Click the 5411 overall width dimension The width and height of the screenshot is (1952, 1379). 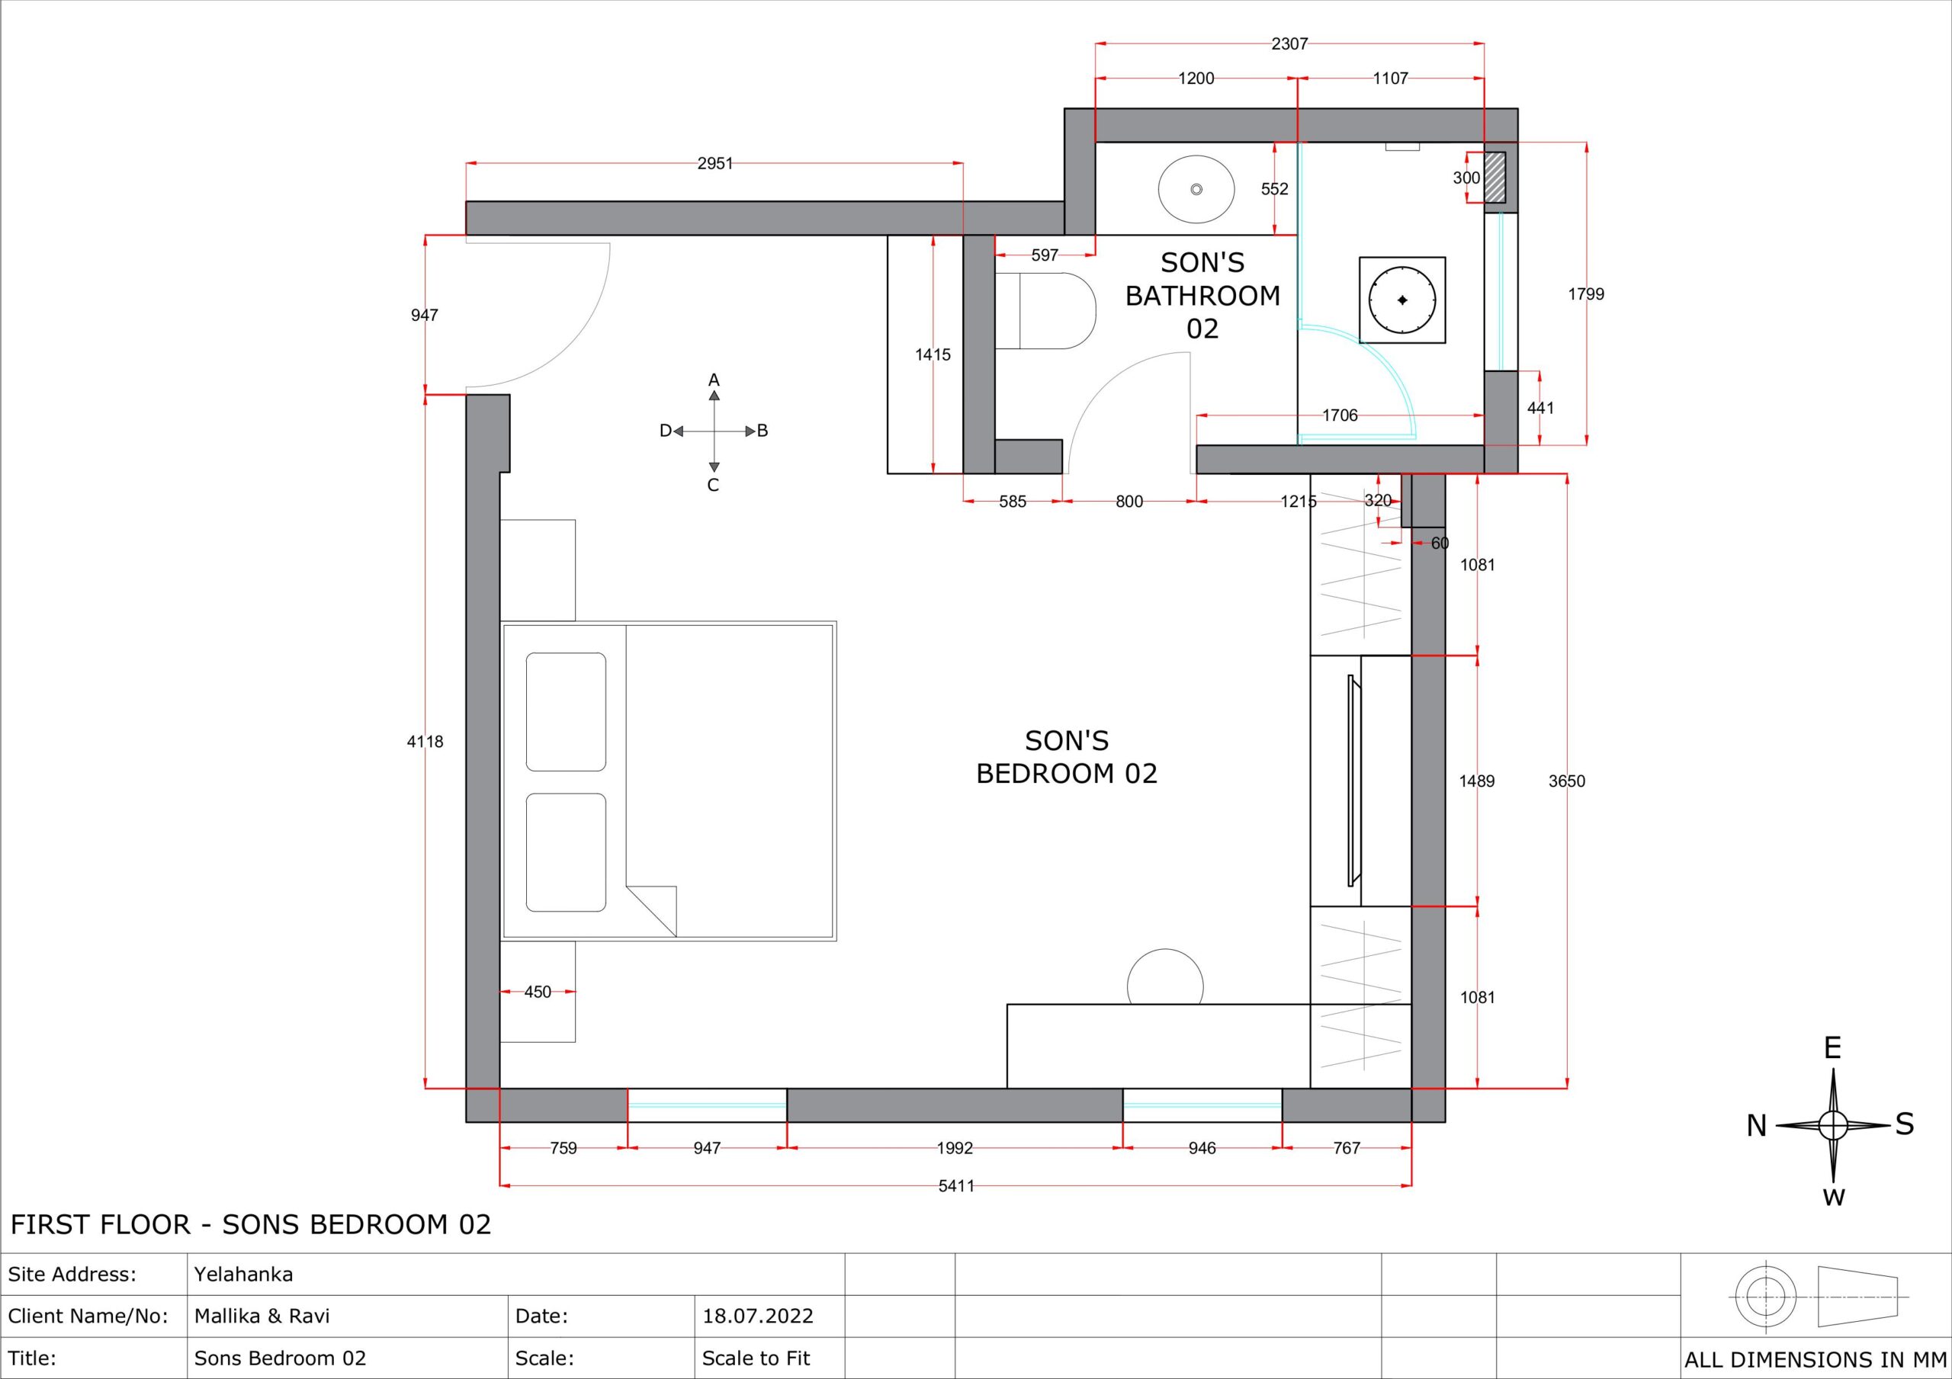(955, 1186)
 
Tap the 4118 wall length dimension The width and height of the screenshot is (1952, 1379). (425, 742)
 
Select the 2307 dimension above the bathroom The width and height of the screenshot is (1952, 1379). (1289, 43)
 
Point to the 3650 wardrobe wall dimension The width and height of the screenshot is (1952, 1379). (1566, 781)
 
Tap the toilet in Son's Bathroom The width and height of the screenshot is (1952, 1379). (1045, 310)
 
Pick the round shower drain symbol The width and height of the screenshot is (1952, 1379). (1402, 300)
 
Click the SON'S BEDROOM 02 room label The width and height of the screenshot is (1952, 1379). (1066, 757)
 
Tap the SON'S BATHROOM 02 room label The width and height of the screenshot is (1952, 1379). (1202, 295)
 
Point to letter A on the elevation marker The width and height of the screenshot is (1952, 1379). (714, 380)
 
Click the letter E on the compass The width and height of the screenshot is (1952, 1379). (1832, 1048)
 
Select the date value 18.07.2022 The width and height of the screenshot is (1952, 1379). (757, 1316)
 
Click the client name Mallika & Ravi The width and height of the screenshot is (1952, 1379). (262, 1316)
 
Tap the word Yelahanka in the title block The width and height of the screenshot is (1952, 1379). (243, 1275)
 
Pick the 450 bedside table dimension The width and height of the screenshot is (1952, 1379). (538, 991)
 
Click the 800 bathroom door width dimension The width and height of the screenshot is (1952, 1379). (1129, 502)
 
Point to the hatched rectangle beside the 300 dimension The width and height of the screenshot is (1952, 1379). (1494, 177)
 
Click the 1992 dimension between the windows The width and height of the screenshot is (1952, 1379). (954, 1148)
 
